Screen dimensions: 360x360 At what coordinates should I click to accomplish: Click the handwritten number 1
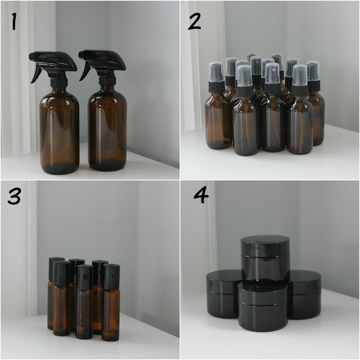pyautogui.click(x=14, y=21)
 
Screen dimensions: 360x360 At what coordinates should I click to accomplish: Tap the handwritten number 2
pyautogui.click(x=195, y=21)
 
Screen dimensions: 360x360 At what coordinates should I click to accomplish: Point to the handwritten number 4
pyautogui.click(x=201, y=195)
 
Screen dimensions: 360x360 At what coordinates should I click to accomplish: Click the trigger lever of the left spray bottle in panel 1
pyautogui.click(x=36, y=73)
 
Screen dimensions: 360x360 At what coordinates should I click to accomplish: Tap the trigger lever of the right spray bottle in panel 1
pyautogui.click(x=85, y=71)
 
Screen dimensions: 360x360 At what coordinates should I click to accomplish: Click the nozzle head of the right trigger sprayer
pyautogui.click(x=102, y=59)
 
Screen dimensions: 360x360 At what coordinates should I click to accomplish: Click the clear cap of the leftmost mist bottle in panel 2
pyautogui.click(x=216, y=71)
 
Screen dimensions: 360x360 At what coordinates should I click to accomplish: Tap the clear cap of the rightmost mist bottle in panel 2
pyautogui.click(x=313, y=70)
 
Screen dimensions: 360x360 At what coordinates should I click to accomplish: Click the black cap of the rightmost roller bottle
pyautogui.click(x=111, y=277)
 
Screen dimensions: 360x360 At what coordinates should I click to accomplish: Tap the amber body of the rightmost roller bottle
pyautogui.click(x=111, y=315)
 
